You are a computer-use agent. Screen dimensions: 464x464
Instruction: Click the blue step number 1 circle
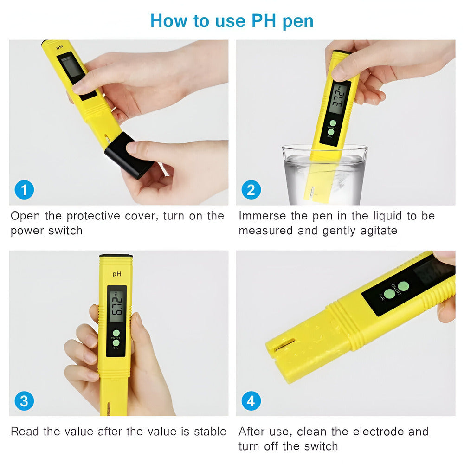point(24,190)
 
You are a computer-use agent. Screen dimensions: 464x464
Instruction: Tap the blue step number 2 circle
point(251,190)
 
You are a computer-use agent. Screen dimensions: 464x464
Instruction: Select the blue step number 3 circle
point(24,401)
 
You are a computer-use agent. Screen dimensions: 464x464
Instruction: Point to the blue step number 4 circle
point(251,401)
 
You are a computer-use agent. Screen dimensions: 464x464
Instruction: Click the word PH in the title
point(264,21)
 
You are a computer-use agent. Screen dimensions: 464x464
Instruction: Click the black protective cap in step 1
point(129,155)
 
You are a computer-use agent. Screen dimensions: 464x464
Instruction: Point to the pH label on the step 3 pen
point(117,274)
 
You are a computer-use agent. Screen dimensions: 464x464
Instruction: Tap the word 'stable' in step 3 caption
point(210,432)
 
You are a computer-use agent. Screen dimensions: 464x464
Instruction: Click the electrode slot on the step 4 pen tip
point(285,345)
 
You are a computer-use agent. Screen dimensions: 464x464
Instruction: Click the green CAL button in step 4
point(389,294)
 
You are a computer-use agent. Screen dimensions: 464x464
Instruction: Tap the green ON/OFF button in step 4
point(403,286)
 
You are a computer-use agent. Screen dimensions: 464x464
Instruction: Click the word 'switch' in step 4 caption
point(321,446)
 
